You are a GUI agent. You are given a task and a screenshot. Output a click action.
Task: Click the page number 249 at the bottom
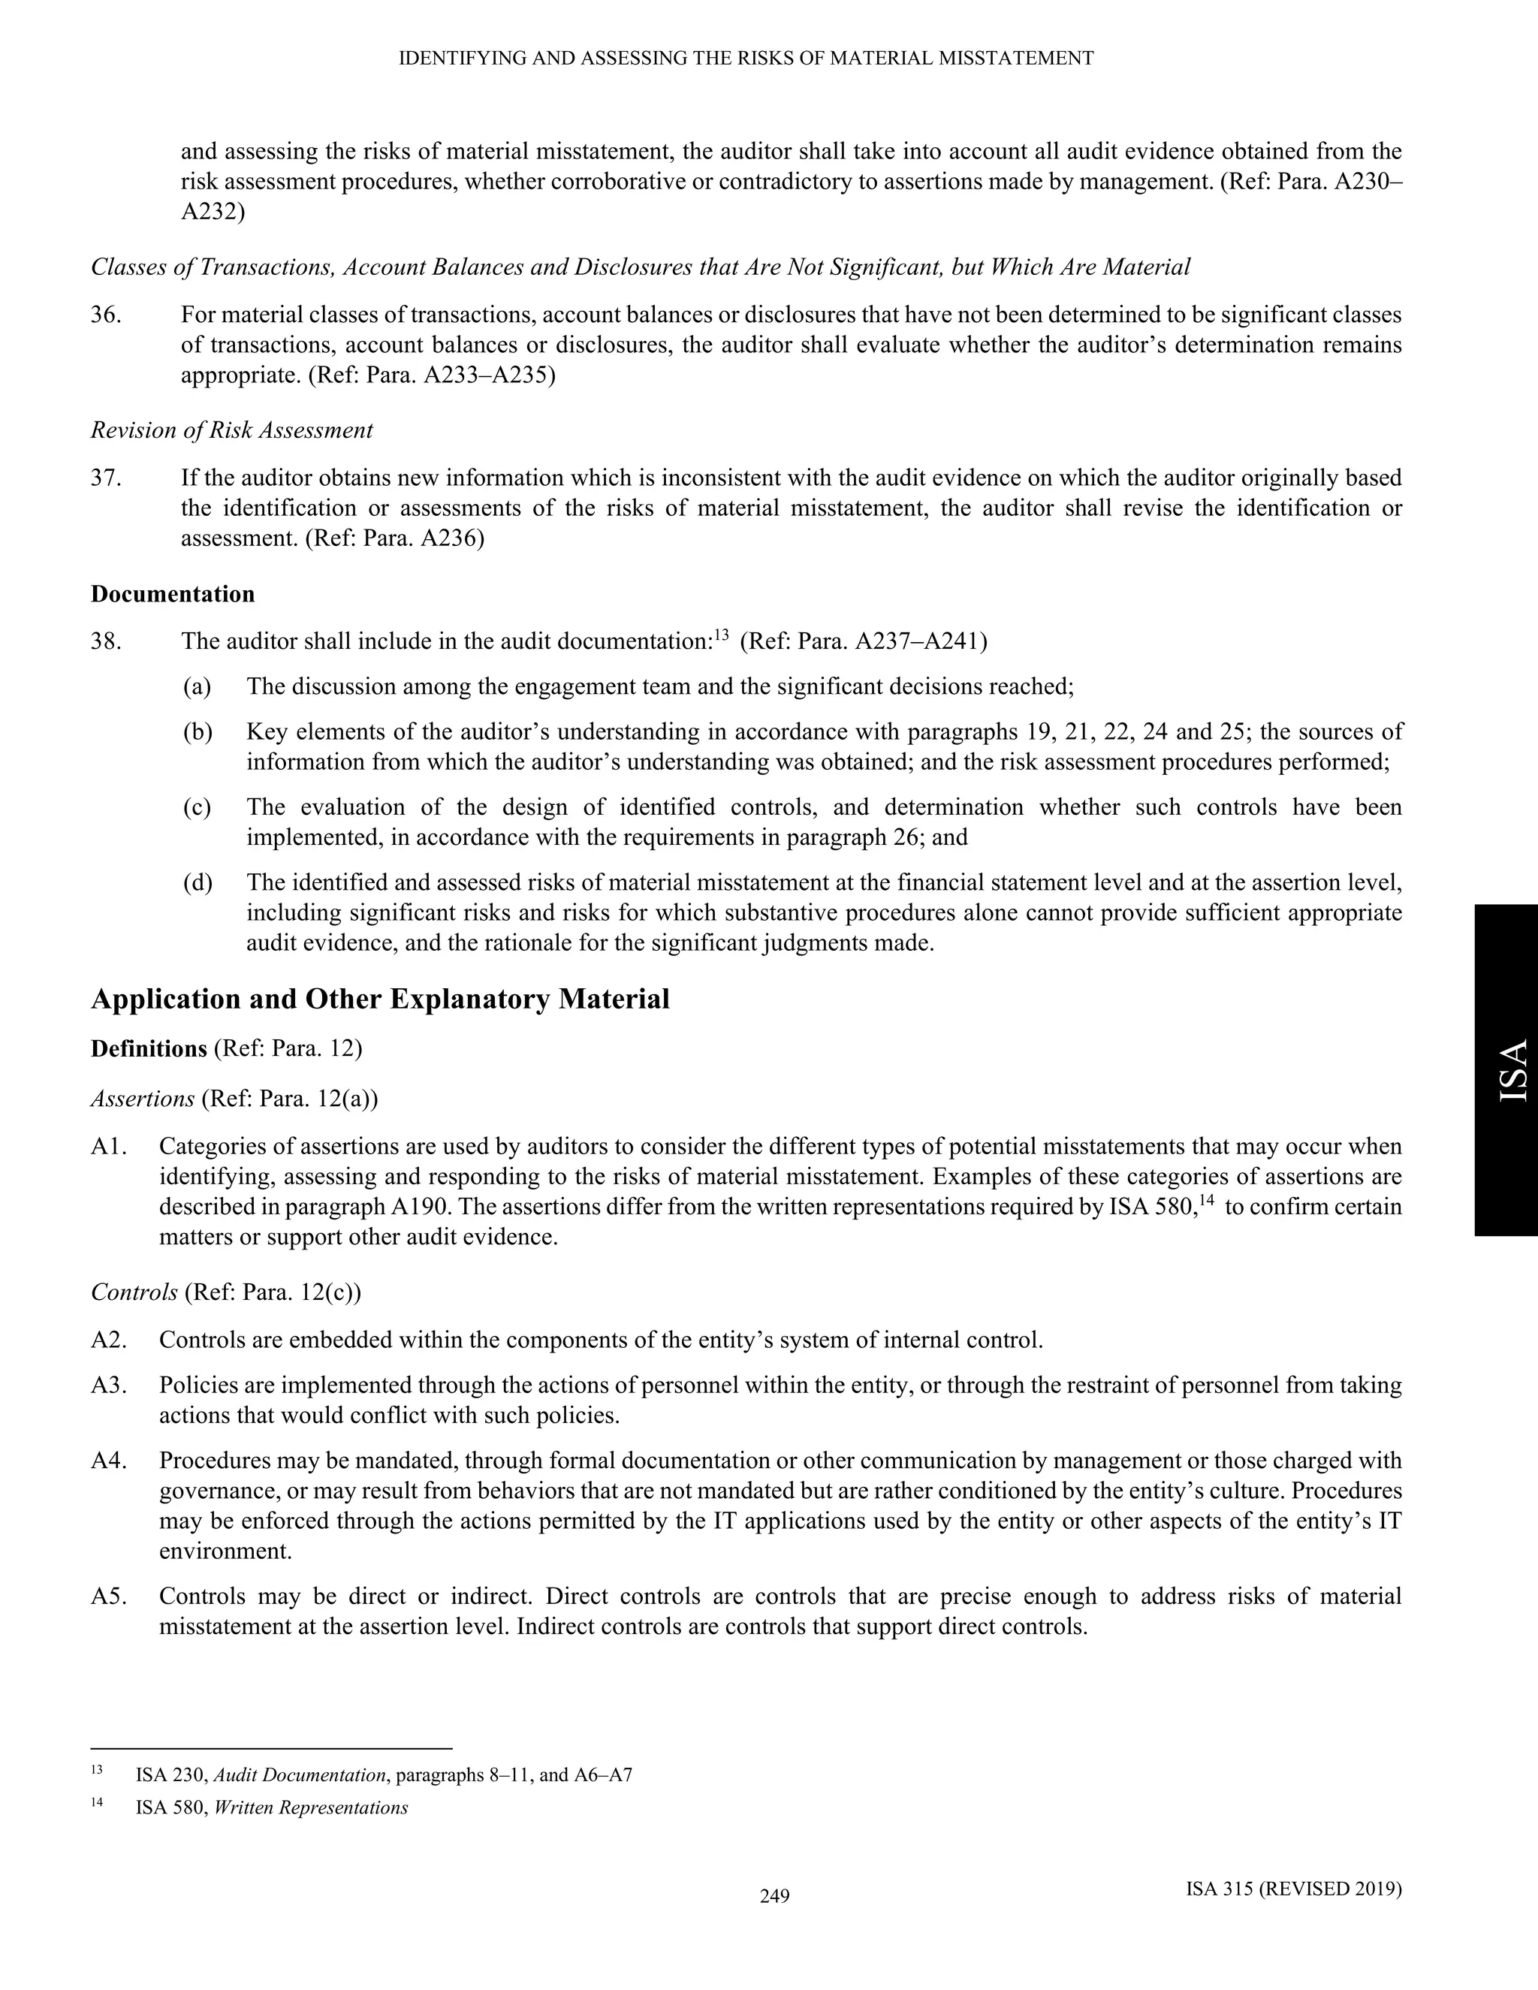pyautogui.click(x=774, y=1897)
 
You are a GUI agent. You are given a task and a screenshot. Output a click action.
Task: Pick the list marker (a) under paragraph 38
pyautogui.click(x=197, y=686)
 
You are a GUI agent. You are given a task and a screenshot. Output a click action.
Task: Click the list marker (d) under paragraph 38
pyautogui.click(x=197, y=882)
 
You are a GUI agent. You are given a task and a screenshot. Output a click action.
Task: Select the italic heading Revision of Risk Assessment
pyautogui.click(x=231, y=430)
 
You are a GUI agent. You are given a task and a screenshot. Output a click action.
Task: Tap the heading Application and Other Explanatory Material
pyautogui.click(x=380, y=1000)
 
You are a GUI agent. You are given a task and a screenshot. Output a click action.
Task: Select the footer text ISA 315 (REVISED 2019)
pyautogui.click(x=1294, y=1889)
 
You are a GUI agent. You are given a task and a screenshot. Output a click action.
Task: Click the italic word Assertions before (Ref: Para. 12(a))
pyautogui.click(x=142, y=1099)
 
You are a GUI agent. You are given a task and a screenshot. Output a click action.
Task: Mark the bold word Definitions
pyautogui.click(x=149, y=1049)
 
